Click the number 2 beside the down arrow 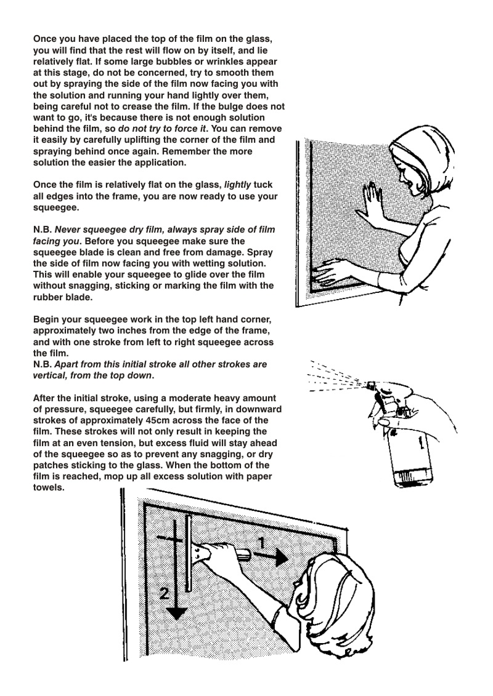tap(164, 594)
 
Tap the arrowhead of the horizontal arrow tap(280, 558)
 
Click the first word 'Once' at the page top tap(45, 38)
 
